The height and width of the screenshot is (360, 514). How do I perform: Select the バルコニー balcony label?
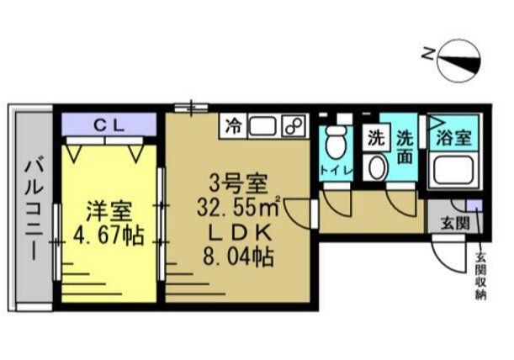point(32,206)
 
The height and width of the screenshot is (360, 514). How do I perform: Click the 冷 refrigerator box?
point(233,128)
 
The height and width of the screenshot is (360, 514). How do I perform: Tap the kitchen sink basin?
point(262,128)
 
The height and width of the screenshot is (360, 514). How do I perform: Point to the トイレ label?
point(336,172)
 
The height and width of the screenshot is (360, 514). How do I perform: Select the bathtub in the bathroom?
point(453,172)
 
